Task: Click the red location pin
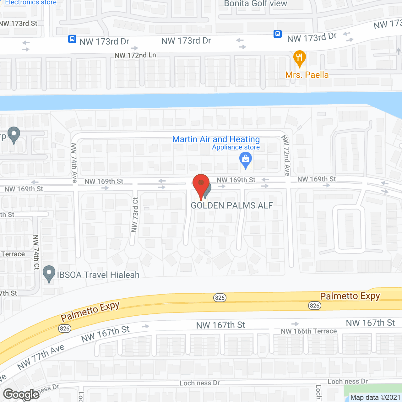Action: point(201,186)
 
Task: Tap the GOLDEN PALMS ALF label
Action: point(232,205)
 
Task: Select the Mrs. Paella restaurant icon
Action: point(299,58)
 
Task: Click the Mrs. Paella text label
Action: point(307,75)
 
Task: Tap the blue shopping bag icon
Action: point(246,160)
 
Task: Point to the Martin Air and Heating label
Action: point(216,139)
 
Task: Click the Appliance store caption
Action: point(236,147)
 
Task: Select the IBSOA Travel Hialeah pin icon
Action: point(49,274)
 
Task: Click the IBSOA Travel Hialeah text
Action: point(98,275)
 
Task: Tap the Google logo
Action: point(21,394)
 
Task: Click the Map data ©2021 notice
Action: point(375,397)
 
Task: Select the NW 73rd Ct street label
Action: point(135,215)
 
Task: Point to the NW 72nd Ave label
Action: point(286,155)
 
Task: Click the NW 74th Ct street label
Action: point(36,252)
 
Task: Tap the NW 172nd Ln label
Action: point(135,55)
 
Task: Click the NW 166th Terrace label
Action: point(308,331)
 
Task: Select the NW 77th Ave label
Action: point(41,357)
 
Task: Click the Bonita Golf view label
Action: point(255,3)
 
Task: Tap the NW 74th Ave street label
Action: point(74,163)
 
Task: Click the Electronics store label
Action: point(31,3)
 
